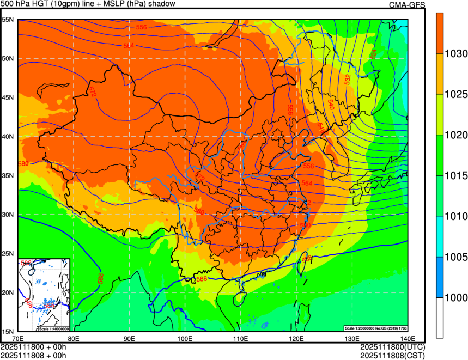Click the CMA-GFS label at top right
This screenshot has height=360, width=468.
click(406, 4)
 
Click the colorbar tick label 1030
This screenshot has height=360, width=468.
click(455, 54)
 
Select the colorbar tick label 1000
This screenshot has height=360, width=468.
click(455, 297)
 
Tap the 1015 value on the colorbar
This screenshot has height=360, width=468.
click(455, 176)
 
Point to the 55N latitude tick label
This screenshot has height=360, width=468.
click(8, 20)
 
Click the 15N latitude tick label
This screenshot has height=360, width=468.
click(8, 331)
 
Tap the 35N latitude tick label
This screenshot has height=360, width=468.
click(8, 175)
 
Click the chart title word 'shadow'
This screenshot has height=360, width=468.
click(161, 4)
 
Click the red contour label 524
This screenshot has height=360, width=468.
click(373, 54)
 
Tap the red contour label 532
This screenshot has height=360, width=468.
click(348, 79)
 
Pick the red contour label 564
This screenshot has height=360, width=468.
click(307, 184)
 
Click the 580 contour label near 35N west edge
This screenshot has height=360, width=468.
click(23, 163)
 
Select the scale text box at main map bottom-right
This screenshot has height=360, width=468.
click(375, 328)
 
